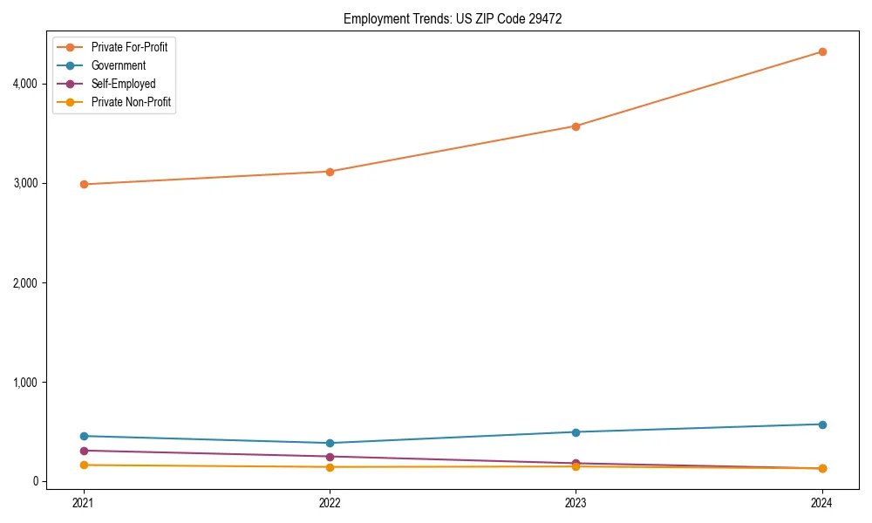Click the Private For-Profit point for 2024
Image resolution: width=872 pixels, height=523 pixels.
coord(821,51)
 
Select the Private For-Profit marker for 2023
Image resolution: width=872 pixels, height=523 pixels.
coord(576,126)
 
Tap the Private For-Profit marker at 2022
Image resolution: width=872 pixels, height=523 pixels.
coord(330,172)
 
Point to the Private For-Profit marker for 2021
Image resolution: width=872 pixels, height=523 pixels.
coord(84,184)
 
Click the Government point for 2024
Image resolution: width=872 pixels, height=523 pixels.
coord(821,425)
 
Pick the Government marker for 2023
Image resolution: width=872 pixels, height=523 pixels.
coord(576,432)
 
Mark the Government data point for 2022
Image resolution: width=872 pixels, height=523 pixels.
coord(330,443)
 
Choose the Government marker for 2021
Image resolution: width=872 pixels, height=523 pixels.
coord(84,436)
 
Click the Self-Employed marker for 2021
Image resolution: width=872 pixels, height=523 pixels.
coord(84,451)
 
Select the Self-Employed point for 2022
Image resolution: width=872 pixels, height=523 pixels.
coord(330,457)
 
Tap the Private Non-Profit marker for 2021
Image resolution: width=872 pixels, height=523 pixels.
coord(84,465)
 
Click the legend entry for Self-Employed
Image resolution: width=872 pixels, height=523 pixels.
coord(123,84)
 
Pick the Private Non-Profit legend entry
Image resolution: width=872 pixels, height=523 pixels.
coord(131,102)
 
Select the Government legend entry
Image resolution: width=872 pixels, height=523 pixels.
coord(118,65)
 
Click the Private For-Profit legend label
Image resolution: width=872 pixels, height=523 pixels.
coord(129,47)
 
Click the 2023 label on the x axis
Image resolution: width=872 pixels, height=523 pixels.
coord(576,502)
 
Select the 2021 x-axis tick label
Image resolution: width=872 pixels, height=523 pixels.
coord(84,502)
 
